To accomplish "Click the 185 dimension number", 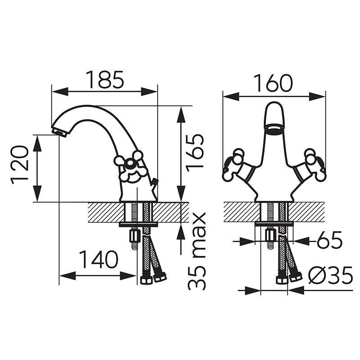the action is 105,80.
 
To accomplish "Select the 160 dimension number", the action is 274,83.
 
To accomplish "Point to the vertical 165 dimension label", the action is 195,153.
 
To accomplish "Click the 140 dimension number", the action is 98,260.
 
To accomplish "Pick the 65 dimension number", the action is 329,240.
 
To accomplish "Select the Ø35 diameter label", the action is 330,275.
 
